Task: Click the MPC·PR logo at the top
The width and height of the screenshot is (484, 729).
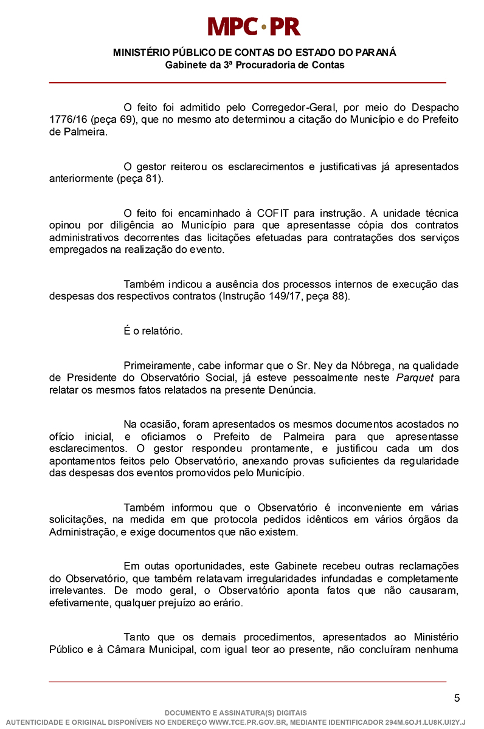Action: click(254, 26)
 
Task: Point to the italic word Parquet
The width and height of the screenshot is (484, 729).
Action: click(415, 378)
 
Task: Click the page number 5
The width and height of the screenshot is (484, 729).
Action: click(457, 698)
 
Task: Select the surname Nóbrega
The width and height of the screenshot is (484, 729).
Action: click(370, 366)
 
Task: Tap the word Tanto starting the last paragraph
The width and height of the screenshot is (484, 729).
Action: click(137, 637)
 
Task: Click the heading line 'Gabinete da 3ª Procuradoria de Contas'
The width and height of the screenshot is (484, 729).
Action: click(254, 65)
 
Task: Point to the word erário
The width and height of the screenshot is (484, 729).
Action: click(225, 603)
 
